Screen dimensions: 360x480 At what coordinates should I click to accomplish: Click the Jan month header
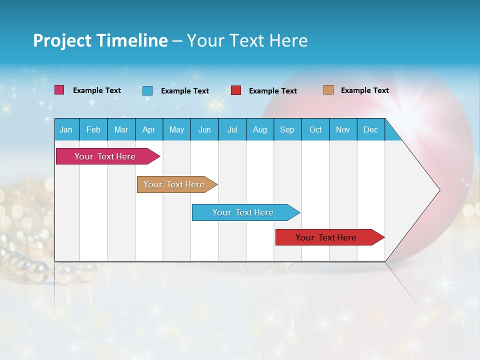point(66,129)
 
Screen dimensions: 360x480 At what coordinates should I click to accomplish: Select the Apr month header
point(148,129)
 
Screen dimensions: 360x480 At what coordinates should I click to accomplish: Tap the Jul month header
point(232,129)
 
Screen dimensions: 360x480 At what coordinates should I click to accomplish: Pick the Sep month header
point(287,129)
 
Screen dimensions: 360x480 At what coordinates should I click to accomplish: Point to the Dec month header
point(370,129)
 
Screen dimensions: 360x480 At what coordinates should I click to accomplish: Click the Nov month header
point(342,129)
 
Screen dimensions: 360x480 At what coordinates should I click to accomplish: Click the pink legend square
point(59,90)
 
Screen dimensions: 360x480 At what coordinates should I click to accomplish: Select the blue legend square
point(147,90)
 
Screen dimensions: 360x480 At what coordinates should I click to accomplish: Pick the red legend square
point(236,90)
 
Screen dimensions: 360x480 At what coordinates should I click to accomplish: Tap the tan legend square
point(328,90)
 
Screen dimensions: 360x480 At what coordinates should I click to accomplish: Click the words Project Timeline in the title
point(100,40)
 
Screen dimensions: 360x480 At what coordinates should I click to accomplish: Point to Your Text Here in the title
point(247,40)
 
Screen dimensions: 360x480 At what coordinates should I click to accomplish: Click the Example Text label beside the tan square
point(364,90)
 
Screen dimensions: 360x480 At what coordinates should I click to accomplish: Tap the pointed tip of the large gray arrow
point(438,190)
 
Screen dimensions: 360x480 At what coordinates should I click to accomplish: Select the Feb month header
point(93,129)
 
